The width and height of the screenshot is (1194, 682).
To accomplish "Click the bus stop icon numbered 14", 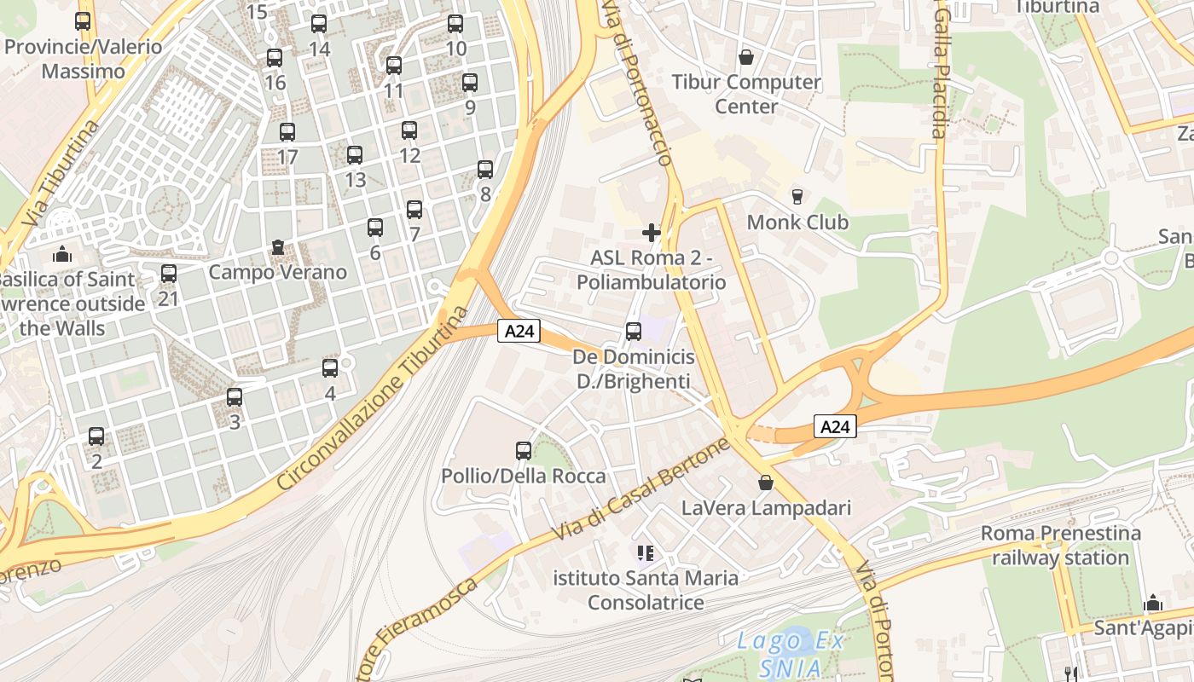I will [319, 24].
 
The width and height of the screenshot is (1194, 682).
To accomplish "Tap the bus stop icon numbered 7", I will [414, 209].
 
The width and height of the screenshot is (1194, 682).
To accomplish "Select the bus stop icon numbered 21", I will [169, 274].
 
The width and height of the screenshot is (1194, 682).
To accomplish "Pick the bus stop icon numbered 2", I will [96, 436].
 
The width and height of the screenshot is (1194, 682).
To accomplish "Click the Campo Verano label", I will [278, 272].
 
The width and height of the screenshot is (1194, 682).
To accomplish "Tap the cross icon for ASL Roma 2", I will [652, 232].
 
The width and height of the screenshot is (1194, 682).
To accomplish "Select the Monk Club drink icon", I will [797, 197].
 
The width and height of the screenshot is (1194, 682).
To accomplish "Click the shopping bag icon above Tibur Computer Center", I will [746, 57].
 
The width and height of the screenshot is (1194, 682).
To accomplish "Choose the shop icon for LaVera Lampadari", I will [766, 483].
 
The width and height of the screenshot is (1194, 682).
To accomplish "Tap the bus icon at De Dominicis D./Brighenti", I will [633, 332].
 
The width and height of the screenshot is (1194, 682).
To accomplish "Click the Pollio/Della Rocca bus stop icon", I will [524, 451].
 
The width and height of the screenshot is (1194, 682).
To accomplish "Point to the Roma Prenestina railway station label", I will [1060, 546].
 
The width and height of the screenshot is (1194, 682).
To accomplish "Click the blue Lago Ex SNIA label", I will [791, 652].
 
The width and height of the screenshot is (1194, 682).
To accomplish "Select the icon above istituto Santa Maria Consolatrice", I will [646, 553].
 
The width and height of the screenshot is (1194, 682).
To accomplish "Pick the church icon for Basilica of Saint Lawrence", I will [61, 254].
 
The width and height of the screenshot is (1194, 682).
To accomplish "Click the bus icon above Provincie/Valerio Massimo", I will [83, 21].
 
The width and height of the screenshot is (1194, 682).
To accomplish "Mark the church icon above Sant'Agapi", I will [1153, 604].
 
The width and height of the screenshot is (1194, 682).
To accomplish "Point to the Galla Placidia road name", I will [940, 72].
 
